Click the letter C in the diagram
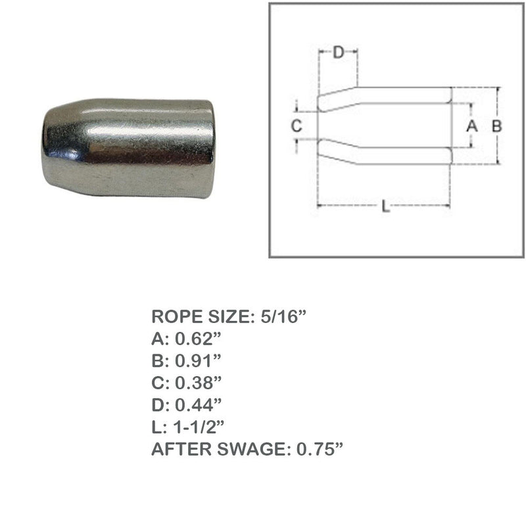click(x=297, y=126)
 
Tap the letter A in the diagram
click(x=471, y=126)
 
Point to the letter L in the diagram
click(x=386, y=207)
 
